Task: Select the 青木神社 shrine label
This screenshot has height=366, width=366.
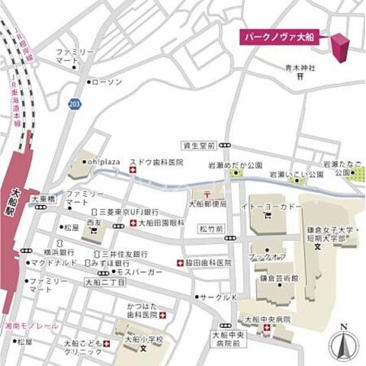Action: [x=300, y=68]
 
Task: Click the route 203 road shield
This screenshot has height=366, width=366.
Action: [x=74, y=104]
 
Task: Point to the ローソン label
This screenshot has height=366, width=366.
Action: [x=106, y=81]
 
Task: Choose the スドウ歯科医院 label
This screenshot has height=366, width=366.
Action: [x=161, y=162]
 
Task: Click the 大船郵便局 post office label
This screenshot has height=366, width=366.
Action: [x=208, y=204]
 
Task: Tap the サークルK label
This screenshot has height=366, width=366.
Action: [x=220, y=297]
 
